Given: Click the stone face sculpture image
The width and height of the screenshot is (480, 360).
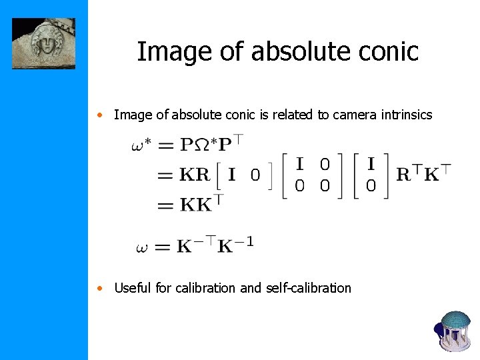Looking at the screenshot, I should (43, 43).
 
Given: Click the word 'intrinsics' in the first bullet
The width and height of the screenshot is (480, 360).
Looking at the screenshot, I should (404, 115).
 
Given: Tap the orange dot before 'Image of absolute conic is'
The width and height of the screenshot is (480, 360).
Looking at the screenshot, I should (99, 115).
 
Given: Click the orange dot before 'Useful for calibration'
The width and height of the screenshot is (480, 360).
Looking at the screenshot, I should (99, 289).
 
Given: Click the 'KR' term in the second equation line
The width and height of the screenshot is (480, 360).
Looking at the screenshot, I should (195, 175).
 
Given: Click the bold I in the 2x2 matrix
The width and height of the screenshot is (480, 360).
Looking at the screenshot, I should (300, 163).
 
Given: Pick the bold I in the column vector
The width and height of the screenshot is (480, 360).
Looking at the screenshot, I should (371, 163).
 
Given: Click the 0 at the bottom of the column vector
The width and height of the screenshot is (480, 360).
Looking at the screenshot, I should (371, 187).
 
